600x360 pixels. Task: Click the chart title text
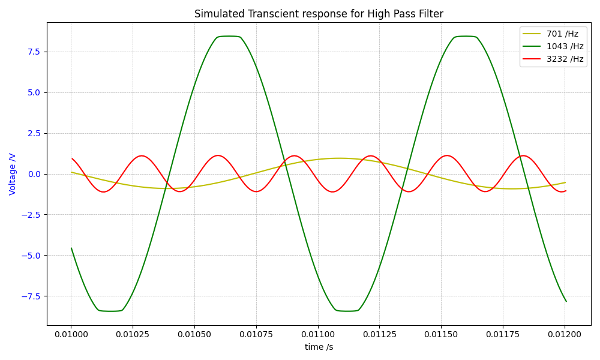pyautogui.click(x=319, y=14)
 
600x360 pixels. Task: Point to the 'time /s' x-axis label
pyautogui.click(x=319, y=347)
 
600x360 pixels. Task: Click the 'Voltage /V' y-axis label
pyautogui.click(x=13, y=174)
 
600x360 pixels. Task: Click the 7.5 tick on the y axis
pyautogui.click(x=33, y=52)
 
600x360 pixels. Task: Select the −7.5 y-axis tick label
pyautogui.click(x=31, y=296)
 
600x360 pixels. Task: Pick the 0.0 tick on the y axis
pyautogui.click(x=33, y=174)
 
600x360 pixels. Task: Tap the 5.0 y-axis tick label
pyautogui.click(x=33, y=92)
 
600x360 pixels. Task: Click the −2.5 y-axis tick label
pyautogui.click(x=31, y=215)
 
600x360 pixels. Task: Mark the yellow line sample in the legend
pyautogui.click(x=532, y=34)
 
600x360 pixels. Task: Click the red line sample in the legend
pyautogui.click(x=532, y=59)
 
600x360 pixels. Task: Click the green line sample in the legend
pyautogui.click(x=532, y=46)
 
